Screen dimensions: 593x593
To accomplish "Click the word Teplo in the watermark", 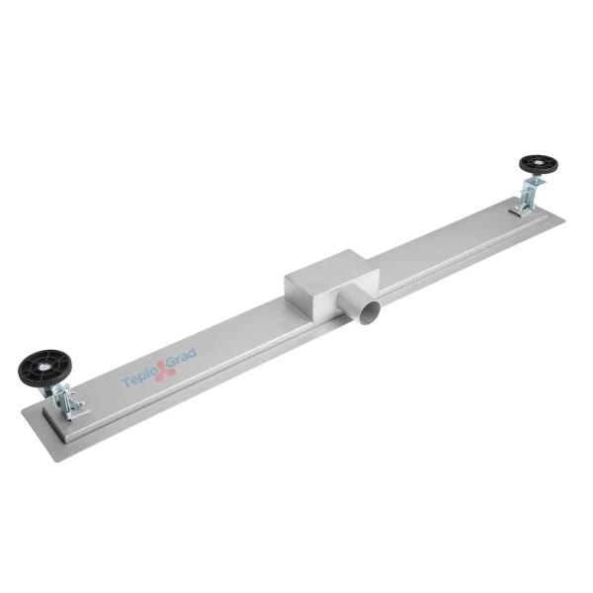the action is pos(138,379).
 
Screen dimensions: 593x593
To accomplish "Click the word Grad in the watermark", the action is pos(180,357).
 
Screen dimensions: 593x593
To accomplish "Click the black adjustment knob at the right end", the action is pos(539,165).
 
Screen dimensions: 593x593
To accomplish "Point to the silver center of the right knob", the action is pos(539,164).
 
